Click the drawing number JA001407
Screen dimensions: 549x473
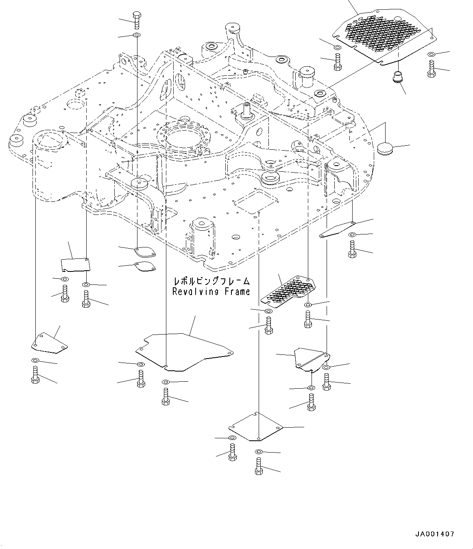(435, 534)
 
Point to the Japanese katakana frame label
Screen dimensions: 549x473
(211, 281)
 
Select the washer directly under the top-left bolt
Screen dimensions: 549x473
(136, 36)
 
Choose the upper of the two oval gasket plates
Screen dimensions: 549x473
(145, 252)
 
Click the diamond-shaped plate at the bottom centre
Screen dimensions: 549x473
(255, 427)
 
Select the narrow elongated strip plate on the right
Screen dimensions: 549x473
(337, 230)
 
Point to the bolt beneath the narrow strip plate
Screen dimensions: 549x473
(352, 249)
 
